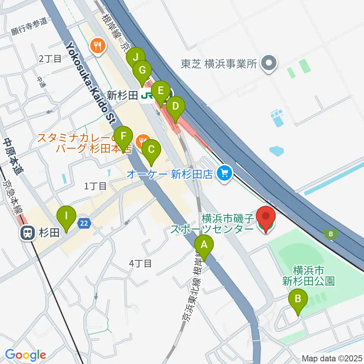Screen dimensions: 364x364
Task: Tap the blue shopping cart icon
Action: click(225, 174)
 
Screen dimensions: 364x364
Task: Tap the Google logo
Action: click(25, 355)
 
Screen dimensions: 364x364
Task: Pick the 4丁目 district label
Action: click(140, 263)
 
